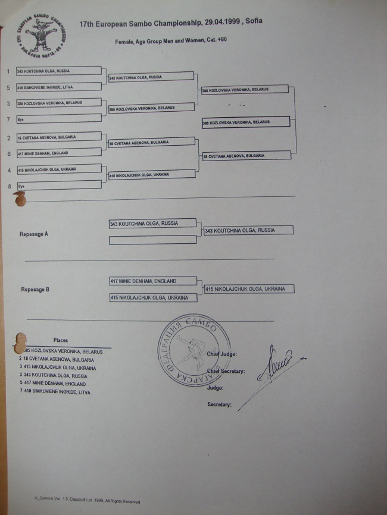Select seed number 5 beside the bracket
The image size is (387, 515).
pos(8,87)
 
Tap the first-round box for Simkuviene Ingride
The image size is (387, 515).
pos(58,87)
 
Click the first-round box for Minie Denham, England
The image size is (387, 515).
pos(58,153)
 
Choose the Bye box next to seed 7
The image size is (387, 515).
pos(58,119)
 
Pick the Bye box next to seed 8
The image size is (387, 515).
pos(58,185)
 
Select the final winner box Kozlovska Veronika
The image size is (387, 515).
pos(245,122)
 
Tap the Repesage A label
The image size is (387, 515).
pos(34,234)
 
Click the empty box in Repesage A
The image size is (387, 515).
pos(152,240)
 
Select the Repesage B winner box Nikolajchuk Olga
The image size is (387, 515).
pos(249,289)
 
